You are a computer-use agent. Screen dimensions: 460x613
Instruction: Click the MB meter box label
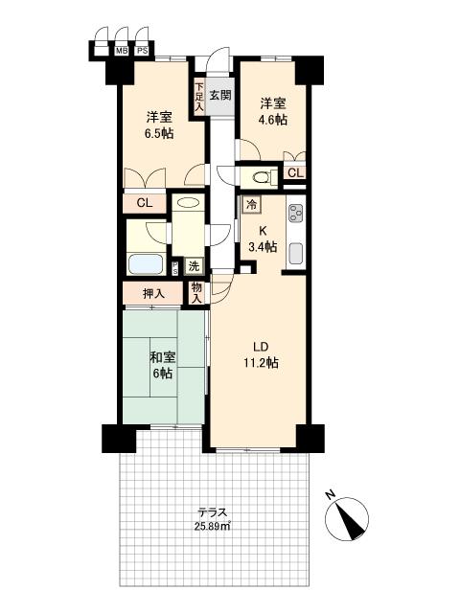pyautogui.click(x=122, y=51)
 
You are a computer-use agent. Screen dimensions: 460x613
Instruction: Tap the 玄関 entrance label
pyautogui.click(x=220, y=95)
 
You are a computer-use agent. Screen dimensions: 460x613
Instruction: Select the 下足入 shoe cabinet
pyautogui.click(x=199, y=97)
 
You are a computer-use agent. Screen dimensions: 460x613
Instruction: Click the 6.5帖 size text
pyautogui.click(x=159, y=134)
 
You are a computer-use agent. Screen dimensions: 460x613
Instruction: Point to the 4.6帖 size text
pyautogui.click(x=272, y=120)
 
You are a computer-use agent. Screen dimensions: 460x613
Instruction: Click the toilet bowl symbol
pyautogui.click(x=261, y=177)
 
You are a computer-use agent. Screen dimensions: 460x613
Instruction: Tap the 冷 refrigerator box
pyautogui.click(x=251, y=204)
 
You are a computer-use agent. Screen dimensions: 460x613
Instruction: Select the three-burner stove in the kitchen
pyautogui.click(x=296, y=214)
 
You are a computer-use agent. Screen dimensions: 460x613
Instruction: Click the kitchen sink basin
pyautogui.click(x=296, y=253)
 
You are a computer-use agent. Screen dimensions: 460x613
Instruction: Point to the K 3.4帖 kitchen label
pyautogui.click(x=263, y=238)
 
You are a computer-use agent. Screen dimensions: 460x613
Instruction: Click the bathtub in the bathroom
pyautogui.click(x=146, y=264)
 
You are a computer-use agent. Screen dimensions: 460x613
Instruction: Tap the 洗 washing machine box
pyautogui.click(x=194, y=266)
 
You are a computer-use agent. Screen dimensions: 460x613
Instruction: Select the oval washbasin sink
pyautogui.click(x=188, y=203)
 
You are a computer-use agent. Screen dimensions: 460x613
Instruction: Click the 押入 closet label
pyautogui.click(x=153, y=294)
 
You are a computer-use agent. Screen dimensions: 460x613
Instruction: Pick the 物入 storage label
pyautogui.click(x=196, y=293)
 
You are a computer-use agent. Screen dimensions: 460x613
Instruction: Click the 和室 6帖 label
pyautogui.click(x=163, y=366)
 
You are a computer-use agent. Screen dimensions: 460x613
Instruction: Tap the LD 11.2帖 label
pyautogui.click(x=261, y=355)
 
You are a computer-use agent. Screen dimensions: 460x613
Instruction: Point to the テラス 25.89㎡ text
pyautogui.click(x=213, y=519)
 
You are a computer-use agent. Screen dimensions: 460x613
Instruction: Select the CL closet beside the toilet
pyautogui.click(x=296, y=172)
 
